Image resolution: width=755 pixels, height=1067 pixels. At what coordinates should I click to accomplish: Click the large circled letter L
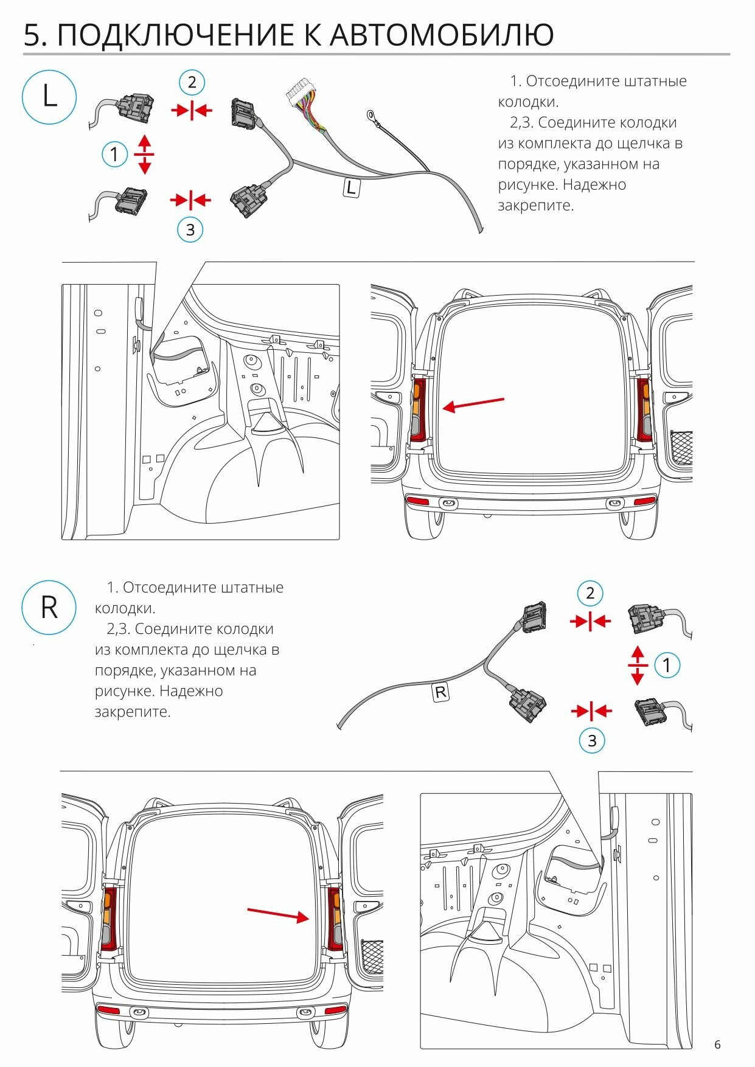tap(49, 97)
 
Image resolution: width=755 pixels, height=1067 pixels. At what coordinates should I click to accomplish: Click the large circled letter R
tap(49, 607)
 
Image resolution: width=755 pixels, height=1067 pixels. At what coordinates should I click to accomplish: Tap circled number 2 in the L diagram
tap(192, 82)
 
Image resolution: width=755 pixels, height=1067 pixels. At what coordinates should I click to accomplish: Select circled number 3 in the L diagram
tap(190, 230)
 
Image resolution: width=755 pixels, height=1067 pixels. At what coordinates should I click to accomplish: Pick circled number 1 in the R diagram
tap(667, 665)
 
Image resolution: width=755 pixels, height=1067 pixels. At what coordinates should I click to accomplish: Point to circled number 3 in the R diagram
tap(592, 740)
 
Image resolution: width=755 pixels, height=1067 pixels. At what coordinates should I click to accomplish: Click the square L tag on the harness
tap(351, 187)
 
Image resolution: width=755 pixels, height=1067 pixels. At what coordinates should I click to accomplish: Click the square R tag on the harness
tap(440, 692)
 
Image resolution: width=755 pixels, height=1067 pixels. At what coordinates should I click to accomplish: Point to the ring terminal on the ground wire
tap(370, 114)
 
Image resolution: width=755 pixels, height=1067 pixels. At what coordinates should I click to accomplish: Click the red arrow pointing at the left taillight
tap(473, 404)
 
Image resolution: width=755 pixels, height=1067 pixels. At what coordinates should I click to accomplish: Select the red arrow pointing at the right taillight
tap(278, 914)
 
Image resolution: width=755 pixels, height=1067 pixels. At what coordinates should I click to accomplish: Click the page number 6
tap(717, 1044)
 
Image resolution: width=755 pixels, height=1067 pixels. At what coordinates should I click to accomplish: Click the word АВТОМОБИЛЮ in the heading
tap(442, 35)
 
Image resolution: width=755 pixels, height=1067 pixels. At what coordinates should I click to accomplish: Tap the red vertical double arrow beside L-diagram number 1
tap(144, 155)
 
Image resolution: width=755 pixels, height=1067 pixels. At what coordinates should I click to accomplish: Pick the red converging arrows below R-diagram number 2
tap(590, 621)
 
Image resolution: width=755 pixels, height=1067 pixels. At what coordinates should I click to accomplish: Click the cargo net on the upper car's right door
tap(681, 448)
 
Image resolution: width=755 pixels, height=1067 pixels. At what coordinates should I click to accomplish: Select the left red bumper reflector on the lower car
tap(109, 1010)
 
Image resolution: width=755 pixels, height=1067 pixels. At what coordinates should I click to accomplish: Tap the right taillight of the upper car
tap(643, 409)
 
